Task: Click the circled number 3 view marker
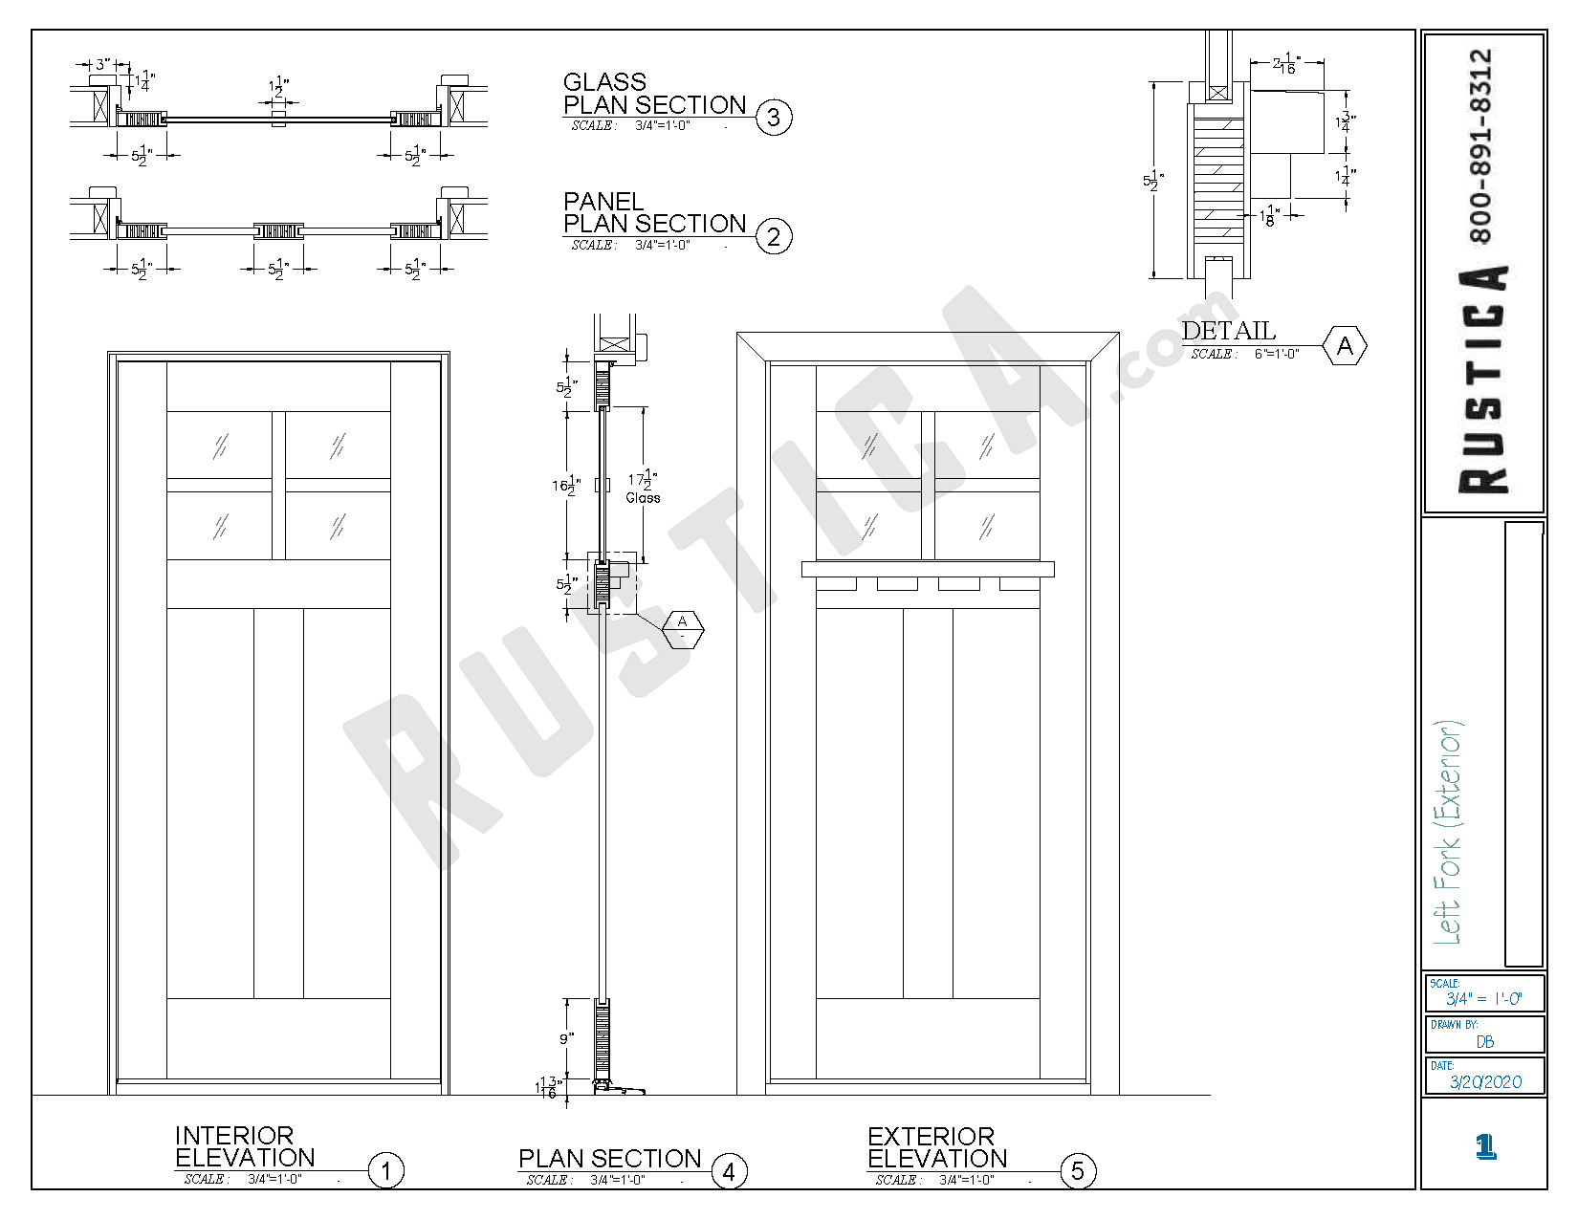(774, 118)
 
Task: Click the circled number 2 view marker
(774, 236)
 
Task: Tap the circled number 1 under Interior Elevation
(386, 1170)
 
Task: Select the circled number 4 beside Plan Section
(729, 1171)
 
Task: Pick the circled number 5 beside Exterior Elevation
(1078, 1171)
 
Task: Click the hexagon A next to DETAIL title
(1345, 346)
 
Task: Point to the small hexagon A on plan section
(683, 628)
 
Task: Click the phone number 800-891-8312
(1480, 145)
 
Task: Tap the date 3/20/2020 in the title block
(1485, 1081)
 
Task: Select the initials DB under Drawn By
(1485, 1041)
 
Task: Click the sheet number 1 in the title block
(1485, 1145)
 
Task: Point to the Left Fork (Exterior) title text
(1449, 832)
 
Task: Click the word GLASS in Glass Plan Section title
(604, 82)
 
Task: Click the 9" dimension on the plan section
(566, 1038)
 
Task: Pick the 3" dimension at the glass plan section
(100, 65)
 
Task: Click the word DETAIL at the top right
(1229, 331)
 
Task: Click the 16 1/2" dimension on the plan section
(565, 485)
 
